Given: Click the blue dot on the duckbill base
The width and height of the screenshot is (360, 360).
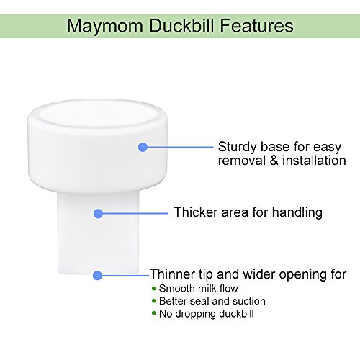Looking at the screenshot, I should [142, 147].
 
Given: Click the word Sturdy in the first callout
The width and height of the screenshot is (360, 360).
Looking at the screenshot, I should [237, 146].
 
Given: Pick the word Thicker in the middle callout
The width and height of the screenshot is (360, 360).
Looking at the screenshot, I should [196, 213].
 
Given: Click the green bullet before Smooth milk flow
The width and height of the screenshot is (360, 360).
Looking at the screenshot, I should [154, 288].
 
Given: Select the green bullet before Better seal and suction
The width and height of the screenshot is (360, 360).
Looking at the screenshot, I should [154, 301].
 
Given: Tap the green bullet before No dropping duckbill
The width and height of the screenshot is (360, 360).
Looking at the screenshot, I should [154, 314].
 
